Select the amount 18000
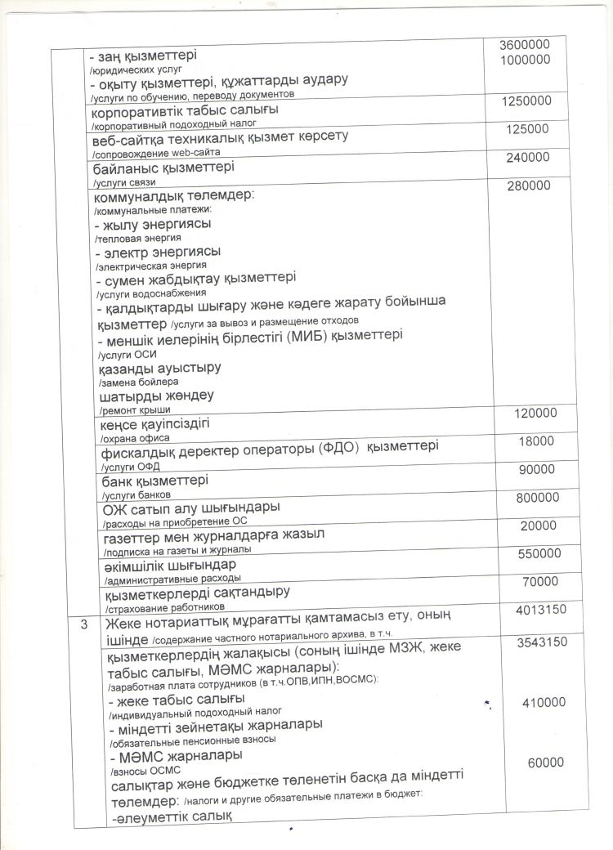pyautogui.click(x=536, y=441)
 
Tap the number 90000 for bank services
pyautogui.click(x=536, y=469)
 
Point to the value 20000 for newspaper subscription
pyautogui.click(x=538, y=526)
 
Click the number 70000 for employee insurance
pyautogui.click(x=539, y=582)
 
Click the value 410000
pyautogui.click(x=542, y=702)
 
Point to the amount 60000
pyautogui.click(x=545, y=762)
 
